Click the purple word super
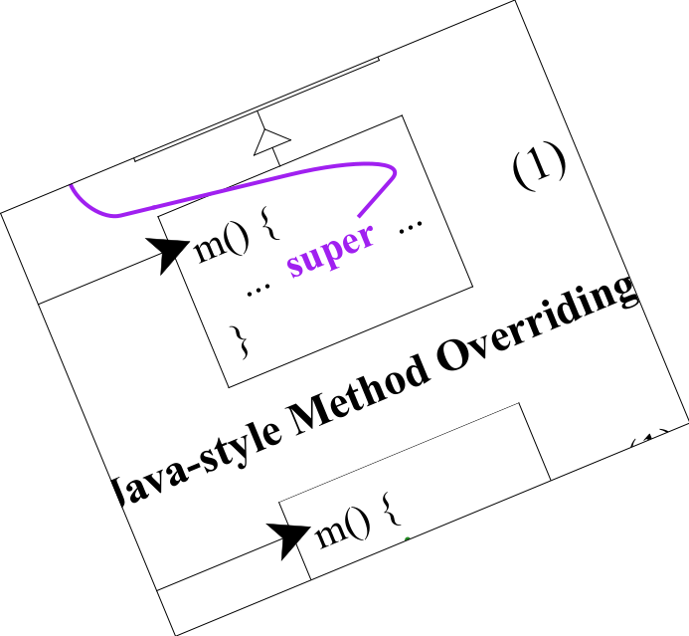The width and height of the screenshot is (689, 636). tap(331, 249)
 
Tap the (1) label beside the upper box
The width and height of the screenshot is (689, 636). tap(540, 164)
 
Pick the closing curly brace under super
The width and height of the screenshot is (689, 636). tap(239, 340)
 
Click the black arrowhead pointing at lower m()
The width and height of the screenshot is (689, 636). tap(290, 537)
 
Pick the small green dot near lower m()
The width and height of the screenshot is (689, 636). tap(407, 538)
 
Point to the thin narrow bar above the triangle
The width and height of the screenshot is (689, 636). tap(257, 108)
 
